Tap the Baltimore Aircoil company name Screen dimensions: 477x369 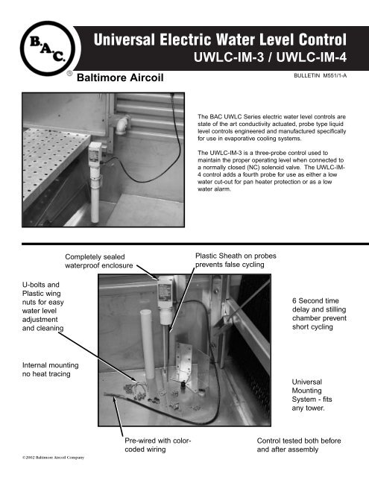[x=122, y=77]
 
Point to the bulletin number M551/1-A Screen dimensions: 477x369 [x=323, y=76]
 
